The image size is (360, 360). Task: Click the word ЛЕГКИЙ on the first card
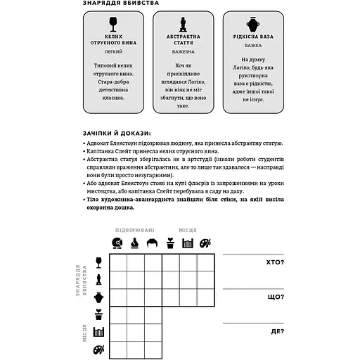pos(109,52)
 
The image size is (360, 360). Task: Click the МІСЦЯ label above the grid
pos(187,230)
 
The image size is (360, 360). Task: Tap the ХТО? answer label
pos(275,262)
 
